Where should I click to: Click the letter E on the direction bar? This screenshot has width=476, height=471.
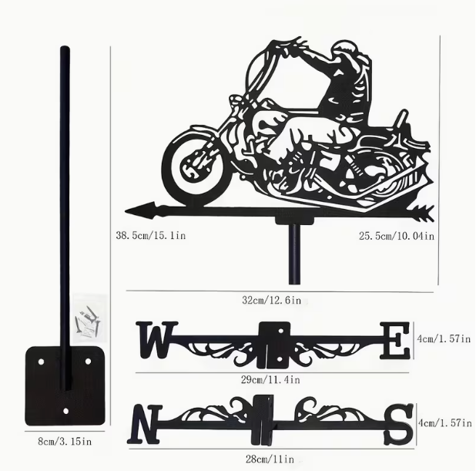(x=395, y=341)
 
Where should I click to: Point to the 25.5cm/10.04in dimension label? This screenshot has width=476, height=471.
(x=396, y=236)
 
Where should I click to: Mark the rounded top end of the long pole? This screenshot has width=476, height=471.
(x=65, y=51)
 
